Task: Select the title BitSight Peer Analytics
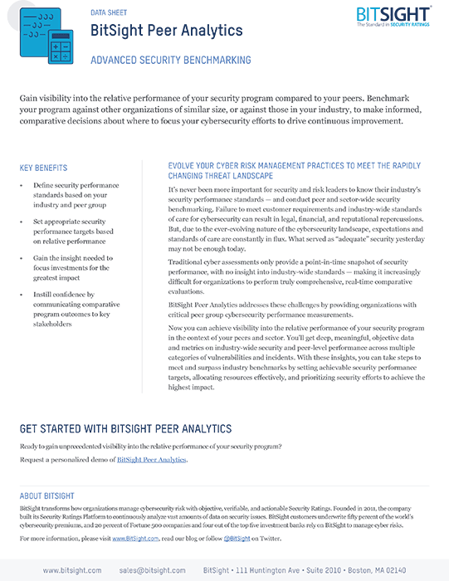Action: [x=166, y=32]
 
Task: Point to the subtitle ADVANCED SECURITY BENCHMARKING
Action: [x=171, y=61]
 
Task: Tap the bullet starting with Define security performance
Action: [x=76, y=194]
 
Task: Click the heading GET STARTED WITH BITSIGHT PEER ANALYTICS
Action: [x=125, y=429]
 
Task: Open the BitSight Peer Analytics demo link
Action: [x=152, y=459]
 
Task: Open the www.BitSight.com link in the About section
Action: [x=135, y=539]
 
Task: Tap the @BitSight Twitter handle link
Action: [x=238, y=539]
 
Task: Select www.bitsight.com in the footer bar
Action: [x=72, y=570]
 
